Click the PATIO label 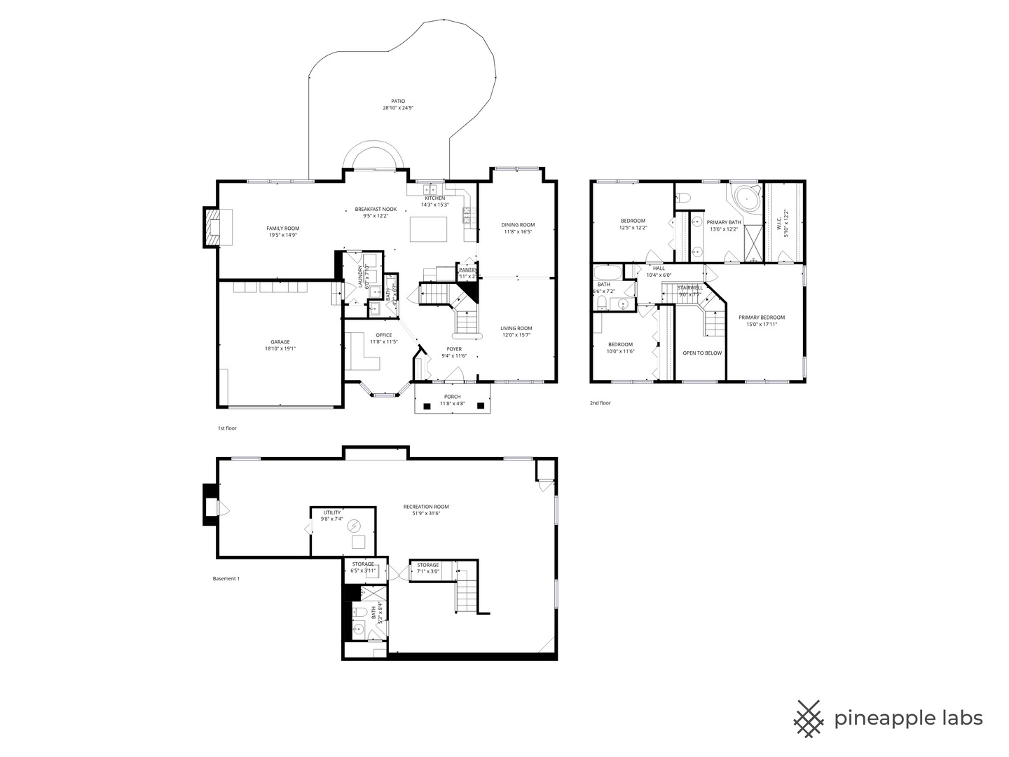[x=398, y=102]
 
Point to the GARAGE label [x=280, y=342]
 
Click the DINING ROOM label [x=518, y=225]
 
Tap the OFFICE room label [x=383, y=335]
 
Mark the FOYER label [x=454, y=349]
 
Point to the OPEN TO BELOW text [x=702, y=353]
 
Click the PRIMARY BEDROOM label [x=762, y=318]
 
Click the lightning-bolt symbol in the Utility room [x=354, y=525]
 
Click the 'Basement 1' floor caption [x=226, y=579]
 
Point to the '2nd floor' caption [x=600, y=403]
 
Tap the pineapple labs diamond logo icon [x=809, y=718]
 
